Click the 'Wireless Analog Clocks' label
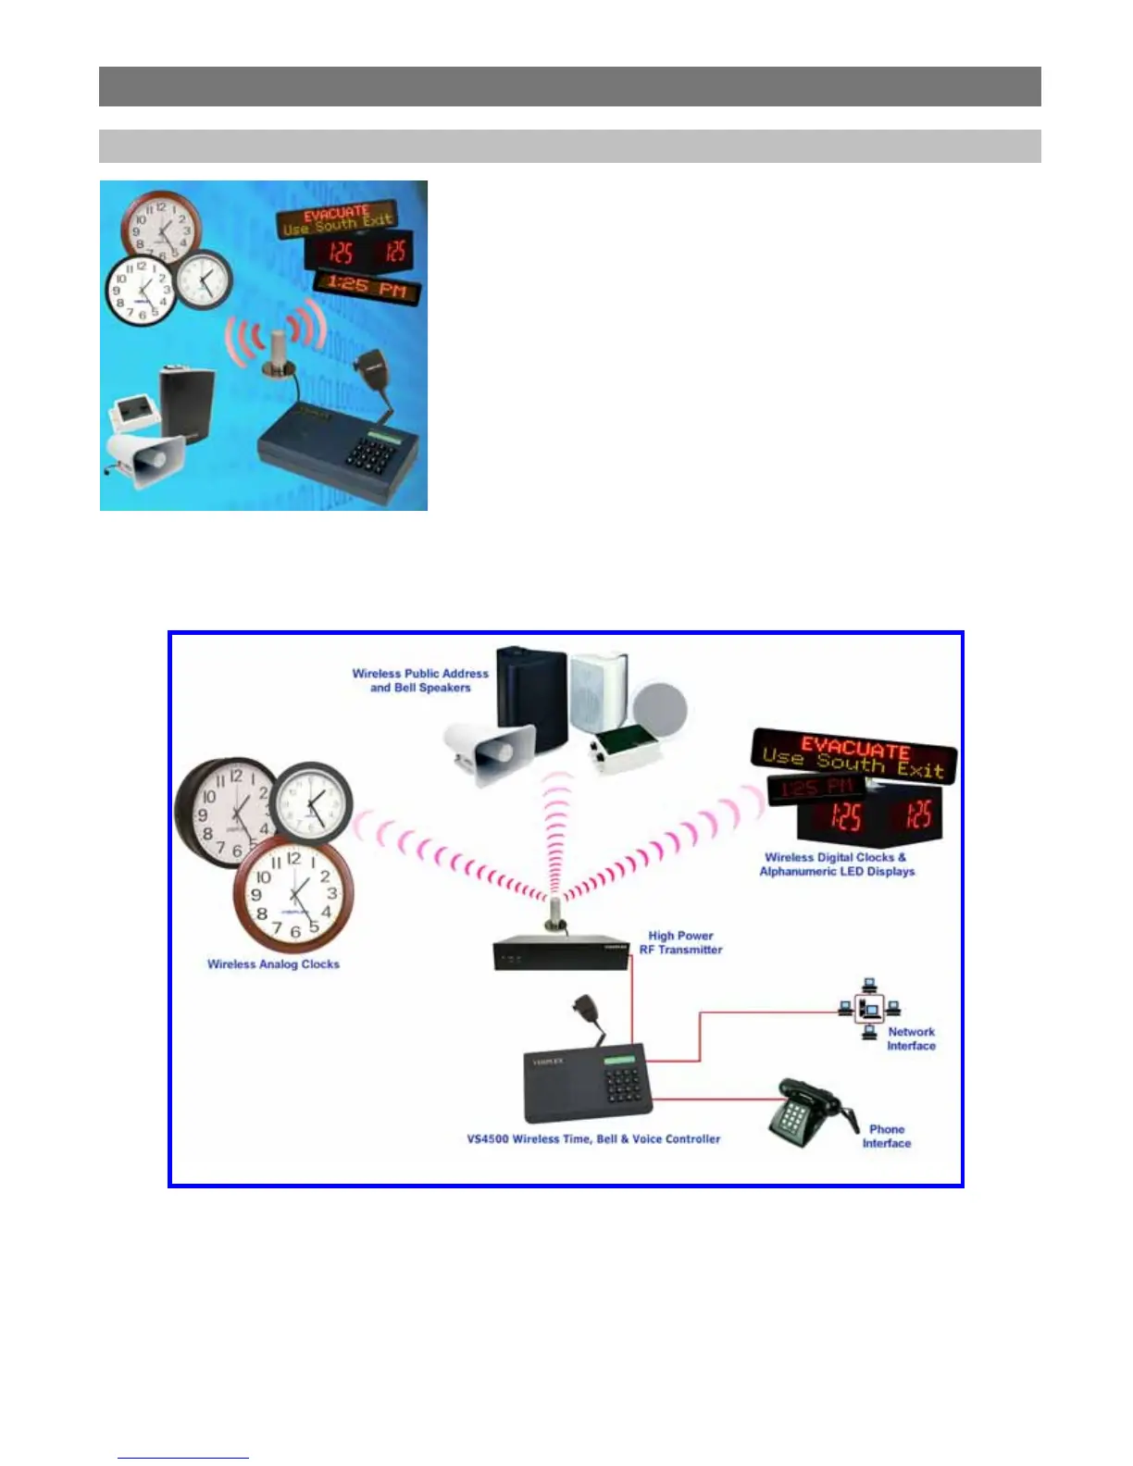pyautogui.click(x=273, y=964)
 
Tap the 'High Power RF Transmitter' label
pyautogui.click(x=680, y=943)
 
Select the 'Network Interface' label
pyautogui.click(x=911, y=1039)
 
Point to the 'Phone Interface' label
pyautogui.click(x=886, y=1137)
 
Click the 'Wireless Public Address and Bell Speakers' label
pyautogui.click(x=420, y=681)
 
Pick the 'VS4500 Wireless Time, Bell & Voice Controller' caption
pyautogui.click(x=593, y=1139)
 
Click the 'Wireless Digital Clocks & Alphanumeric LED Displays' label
pyautogui.click(x=836, y=864)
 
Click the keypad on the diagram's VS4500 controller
pyautogui.click(x=622, y=1087)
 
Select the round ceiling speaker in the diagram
pyautogui.click(x=660, y=708)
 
